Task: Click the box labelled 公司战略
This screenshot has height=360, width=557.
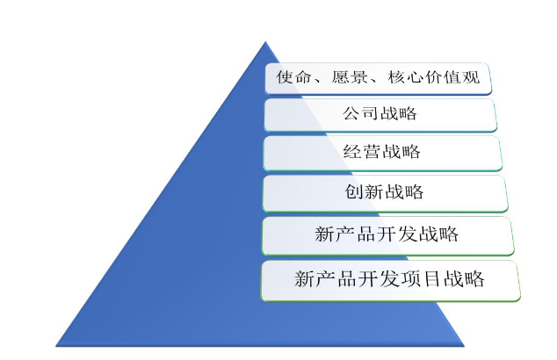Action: click(x=380, y=115)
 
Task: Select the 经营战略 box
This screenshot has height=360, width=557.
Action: click(x=382, y=154)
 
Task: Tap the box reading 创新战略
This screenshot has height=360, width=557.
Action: click(x=385, y=193)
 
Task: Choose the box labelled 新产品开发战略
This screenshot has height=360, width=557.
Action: click(x=388, y=236)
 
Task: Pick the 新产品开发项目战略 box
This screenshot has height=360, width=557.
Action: click(x=391, y=281)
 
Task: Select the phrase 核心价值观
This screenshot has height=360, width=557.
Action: click(x=434, y=77)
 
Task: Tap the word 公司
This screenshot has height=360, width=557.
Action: click(x=360, y=113)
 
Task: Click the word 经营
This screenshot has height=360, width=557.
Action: click(x=362, y=152)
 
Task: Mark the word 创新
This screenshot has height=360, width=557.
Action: click(x=365, y=191)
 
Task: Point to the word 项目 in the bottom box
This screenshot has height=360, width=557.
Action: click(x=422, y=278)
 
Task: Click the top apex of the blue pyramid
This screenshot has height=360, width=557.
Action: click(x=265, y=41)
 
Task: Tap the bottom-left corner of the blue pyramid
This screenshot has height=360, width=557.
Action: click(x=56, y=346)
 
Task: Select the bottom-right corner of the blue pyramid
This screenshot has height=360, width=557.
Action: click(x=464, y=346)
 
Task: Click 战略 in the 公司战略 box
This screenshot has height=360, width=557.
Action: click(x=399, y=113)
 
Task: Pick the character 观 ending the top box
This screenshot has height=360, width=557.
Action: click(x=472, y=77)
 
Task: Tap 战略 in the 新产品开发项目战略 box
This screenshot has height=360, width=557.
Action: click(x=464, y=278)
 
